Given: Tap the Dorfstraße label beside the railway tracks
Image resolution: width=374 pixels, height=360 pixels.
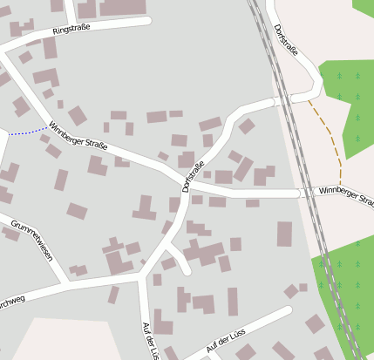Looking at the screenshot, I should [286, 40].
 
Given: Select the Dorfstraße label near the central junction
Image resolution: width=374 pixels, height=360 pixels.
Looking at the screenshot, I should [194, 177].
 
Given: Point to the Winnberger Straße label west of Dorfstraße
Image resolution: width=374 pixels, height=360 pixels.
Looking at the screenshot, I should [78, 136].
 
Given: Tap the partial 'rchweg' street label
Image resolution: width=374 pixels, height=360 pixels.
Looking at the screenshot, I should [13, 298].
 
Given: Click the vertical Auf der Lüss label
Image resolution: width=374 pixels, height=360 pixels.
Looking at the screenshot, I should [150, 339].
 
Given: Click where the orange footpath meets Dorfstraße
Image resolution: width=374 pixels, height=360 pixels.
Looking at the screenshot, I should [309, 98].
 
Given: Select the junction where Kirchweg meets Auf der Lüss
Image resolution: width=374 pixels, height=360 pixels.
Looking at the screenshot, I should [139, 278].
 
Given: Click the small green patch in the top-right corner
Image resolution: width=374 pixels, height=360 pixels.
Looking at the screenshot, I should [363, 7].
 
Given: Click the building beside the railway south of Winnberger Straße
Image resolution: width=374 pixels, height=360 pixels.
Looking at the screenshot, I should [284, 234].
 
